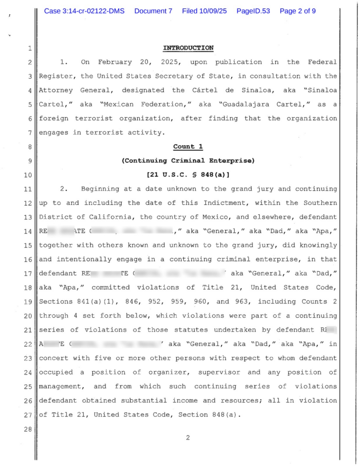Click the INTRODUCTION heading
click(188, 48)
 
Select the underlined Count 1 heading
click(188, 147)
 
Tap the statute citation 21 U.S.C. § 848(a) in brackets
click(188, 175)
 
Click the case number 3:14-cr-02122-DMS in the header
click(84, 11)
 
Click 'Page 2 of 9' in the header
click(298, 11)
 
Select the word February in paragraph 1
click(115, 62)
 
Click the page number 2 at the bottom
click(188, 438)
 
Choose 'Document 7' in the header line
click(153, 11)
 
